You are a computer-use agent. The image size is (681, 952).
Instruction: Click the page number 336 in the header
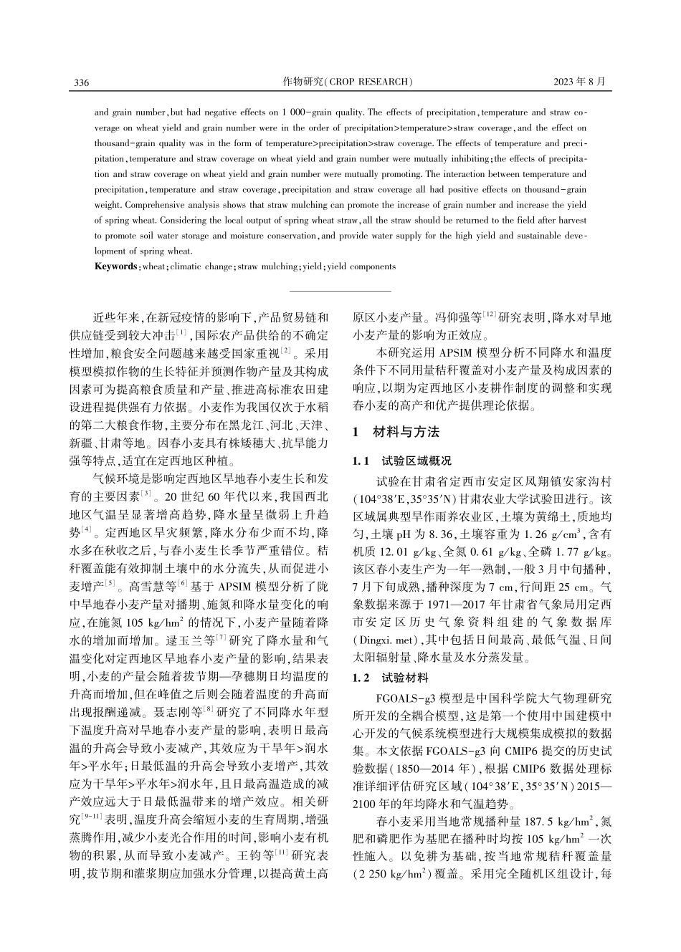point(81,82)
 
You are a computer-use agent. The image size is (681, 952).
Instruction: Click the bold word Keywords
point(115,266)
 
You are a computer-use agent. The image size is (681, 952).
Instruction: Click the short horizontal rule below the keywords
point(340,291)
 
